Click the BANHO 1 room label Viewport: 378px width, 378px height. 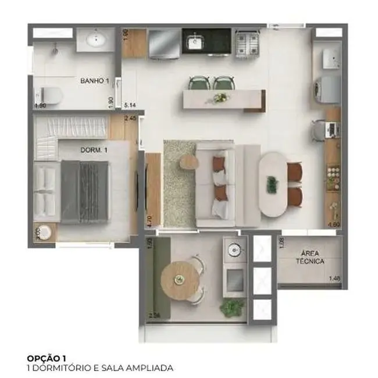coord(95,80)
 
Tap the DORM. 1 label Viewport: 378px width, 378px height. coord(94,149)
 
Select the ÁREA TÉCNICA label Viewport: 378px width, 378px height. coord(312,258)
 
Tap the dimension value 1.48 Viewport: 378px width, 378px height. coord(334,279)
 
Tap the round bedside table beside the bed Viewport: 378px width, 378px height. coord(45,232)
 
